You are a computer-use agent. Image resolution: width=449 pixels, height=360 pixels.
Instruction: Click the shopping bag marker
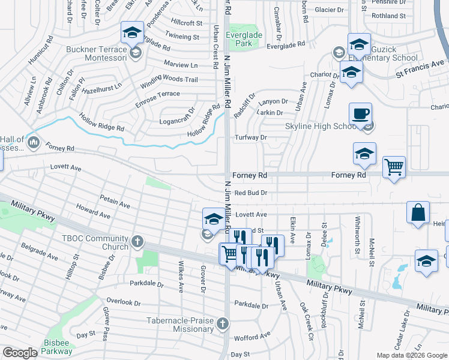click(x=418, y=213)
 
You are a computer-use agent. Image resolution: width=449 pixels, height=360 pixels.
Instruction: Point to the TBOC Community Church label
click(x=95, y=242)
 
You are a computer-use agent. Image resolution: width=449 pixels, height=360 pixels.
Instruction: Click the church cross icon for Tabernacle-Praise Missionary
click(x=222, y=325)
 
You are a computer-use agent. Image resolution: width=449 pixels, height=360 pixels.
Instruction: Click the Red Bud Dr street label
click(x=250, y=193)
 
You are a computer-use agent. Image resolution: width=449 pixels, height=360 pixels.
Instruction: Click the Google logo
click(x=20, y=353)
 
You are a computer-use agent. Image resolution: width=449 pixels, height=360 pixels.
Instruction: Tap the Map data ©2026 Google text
click(x=411, y=355)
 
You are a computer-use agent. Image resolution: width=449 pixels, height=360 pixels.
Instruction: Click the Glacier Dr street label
click(x=330, y=10)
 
